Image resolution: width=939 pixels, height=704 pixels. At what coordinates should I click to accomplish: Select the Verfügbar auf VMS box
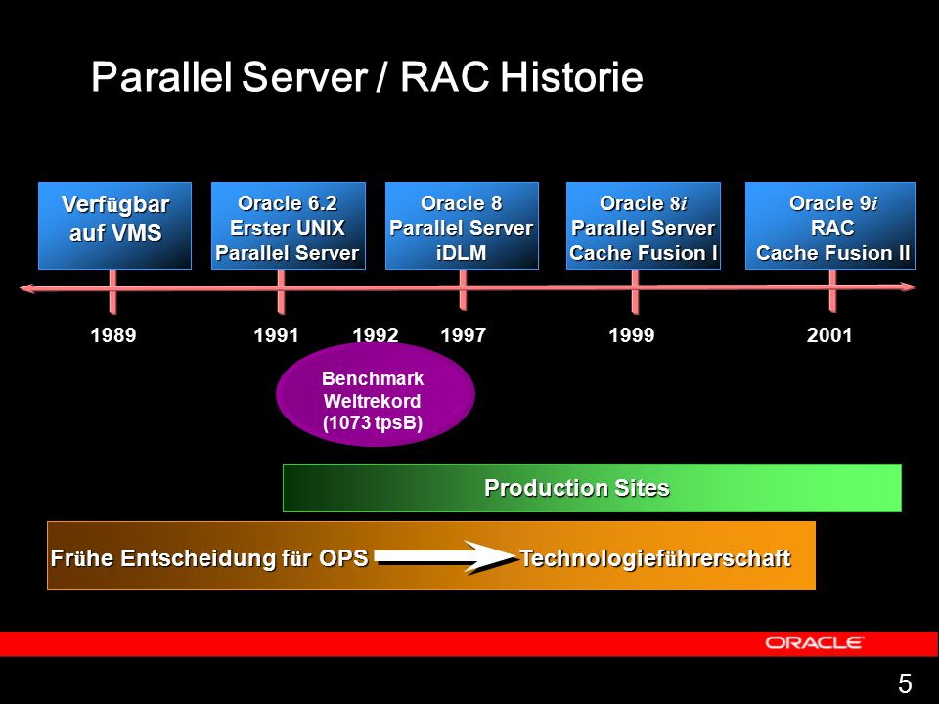(x=115, y=226)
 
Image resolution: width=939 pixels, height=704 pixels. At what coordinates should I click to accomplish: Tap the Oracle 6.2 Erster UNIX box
(x=288, y=226)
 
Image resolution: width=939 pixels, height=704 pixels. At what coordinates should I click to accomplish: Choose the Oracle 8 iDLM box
(x=462, y=226)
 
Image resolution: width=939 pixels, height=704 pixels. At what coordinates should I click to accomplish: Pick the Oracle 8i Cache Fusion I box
(x=644, y=226)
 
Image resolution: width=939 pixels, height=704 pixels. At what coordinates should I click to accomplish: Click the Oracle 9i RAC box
(x=830, y=226)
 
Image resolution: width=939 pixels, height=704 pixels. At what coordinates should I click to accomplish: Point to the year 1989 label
(x=113, y=335)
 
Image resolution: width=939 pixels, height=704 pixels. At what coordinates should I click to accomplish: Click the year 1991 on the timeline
(x=276, y=335)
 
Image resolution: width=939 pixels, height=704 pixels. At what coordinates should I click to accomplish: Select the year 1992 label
(x=376, y=335)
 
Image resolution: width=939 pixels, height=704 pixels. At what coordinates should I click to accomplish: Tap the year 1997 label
(x=463, y=335)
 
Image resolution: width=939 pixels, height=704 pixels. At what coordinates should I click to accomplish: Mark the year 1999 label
(x=632, y=335)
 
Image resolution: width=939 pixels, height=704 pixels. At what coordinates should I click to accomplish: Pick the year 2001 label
(x=829, y=335)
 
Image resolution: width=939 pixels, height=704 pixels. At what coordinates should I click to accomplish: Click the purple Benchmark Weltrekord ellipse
(x=376, y=394)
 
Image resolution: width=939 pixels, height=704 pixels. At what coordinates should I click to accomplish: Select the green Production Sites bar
(x=592, y=488)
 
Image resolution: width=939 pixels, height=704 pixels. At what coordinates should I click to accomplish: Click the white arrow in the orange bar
(x=446, y=557)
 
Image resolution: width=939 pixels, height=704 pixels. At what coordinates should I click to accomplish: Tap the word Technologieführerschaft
(x=655, y=558)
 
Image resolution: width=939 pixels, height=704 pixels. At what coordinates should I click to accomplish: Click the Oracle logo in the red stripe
(x=815, y=643)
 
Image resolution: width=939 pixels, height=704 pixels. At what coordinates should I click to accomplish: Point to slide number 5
(x=905, y=683)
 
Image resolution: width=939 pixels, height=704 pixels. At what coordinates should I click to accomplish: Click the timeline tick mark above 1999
(x=635, y=291)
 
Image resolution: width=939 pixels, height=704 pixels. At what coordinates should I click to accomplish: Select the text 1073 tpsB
(x=373, y=422)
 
